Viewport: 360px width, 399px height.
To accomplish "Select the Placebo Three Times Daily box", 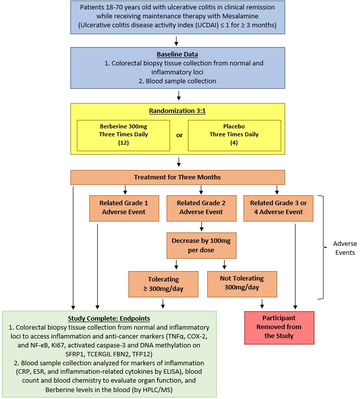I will (234, 134).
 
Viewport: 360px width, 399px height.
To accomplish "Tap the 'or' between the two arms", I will (180, 135).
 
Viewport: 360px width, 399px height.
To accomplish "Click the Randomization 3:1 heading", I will (178, 111).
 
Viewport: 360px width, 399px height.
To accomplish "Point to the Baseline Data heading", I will (178, 55).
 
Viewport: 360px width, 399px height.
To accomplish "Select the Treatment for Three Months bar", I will (178, 177).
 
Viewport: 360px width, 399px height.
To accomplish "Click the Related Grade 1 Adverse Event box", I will (123, 208).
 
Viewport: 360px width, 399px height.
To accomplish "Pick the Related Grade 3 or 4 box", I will (278, 208).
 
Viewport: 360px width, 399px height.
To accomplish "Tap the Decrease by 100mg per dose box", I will (201, 245).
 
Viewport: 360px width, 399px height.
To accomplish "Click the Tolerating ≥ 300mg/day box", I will (163, 284).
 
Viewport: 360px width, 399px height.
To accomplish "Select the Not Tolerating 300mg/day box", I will (242, 284).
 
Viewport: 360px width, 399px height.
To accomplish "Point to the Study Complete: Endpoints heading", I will (109, 318).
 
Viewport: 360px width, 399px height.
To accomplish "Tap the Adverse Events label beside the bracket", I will (344, 248).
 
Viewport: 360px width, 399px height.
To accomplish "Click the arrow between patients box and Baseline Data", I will (178, 41).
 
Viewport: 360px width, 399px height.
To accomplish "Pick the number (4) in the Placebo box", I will (234, 143).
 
